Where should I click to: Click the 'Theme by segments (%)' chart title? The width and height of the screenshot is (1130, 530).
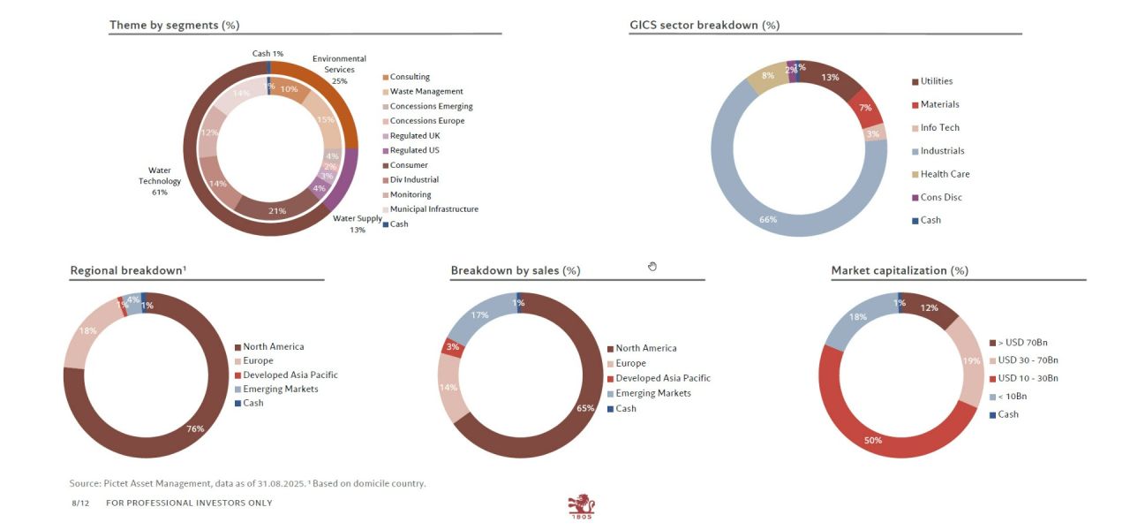[174, 26]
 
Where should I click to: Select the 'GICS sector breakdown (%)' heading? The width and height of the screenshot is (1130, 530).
[704, 26]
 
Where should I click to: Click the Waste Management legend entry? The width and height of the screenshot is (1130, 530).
[426, 92]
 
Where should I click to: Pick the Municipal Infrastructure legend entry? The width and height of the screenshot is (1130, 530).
[433, 209]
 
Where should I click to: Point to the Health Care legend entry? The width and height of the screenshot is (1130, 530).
[945, 174]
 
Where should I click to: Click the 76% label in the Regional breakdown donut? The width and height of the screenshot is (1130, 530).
[195, 429]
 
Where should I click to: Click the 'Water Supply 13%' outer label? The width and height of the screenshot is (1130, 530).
[357, 224]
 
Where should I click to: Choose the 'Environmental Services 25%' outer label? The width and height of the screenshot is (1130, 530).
[339, 70]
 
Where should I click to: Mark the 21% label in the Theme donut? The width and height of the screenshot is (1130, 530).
[276, 211]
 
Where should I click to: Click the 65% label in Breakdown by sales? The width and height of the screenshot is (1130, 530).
[585, 409]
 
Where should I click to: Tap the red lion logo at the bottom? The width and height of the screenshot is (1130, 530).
[582, 506]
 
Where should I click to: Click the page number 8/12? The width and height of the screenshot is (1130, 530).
[80, 503]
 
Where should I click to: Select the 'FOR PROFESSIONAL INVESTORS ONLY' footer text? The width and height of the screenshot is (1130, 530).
[189, 503]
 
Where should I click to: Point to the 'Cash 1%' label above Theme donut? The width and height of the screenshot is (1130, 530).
[267, 54]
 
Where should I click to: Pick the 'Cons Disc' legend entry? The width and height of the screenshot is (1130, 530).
[941, 197]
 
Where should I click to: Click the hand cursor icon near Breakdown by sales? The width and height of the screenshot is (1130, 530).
[652, 266]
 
